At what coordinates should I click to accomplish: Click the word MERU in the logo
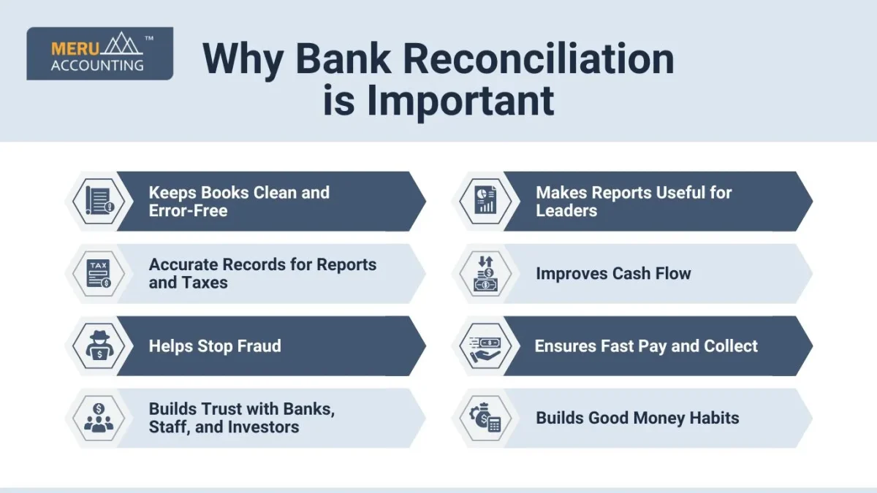pos(75,48)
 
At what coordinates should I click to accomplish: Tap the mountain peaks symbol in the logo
pos(122,43)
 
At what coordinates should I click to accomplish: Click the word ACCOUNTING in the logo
pos(97,65)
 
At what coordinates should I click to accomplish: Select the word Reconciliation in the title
pos(539,59)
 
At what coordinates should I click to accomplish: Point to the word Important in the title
pos(460,101)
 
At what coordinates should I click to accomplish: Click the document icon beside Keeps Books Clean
pos(99,201)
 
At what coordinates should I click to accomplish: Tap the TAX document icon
pos(99,273)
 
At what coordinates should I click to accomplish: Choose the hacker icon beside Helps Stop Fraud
pos(99,345)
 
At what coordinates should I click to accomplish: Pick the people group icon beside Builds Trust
pos(99,418)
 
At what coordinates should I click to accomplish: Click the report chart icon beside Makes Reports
pos(485,200)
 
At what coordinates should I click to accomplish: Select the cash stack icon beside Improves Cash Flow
pos(485,273)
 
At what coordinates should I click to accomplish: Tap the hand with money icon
pos(485,349)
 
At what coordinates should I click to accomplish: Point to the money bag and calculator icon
pos(485,419)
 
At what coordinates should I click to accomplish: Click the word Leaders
pos(566,210)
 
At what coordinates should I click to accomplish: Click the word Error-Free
pos(188,210)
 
